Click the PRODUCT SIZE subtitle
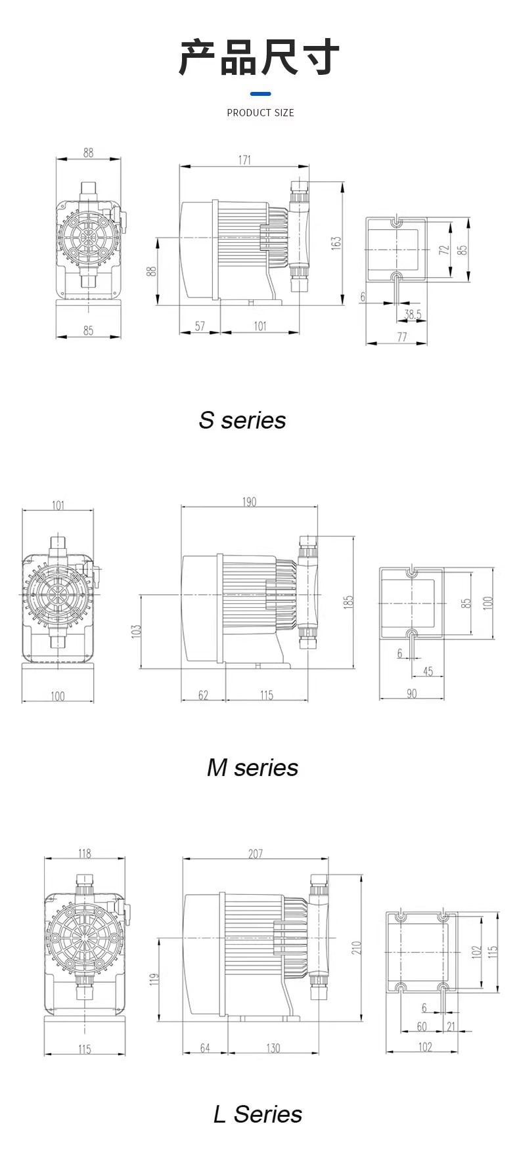(x=260, y=113)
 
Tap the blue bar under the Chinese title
(x=260, y=94)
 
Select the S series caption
(x=242, y=420)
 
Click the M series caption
(x=253, y=768)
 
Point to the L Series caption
(x=258, y=1114)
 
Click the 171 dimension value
(x=244, y=160)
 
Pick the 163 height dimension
(x=336, y=243)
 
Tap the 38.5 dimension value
(x=413, y=314)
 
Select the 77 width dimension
(x=401, y=337)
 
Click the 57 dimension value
(x=200, y=326)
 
